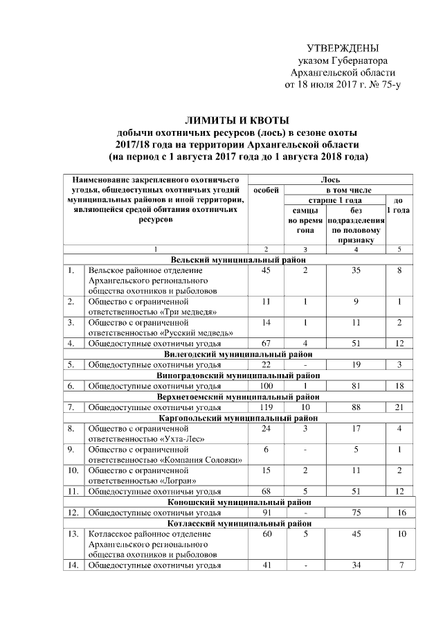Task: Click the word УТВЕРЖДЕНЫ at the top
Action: (x=343, y=48)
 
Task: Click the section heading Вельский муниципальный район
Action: (x=239, y=259)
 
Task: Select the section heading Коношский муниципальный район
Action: (x=239, y=501)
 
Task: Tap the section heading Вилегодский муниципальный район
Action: (x=239, y=353)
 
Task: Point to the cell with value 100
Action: (x=266, y=385)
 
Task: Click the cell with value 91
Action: (x=266, y=513)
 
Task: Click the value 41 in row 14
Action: (x=266, y=565)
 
